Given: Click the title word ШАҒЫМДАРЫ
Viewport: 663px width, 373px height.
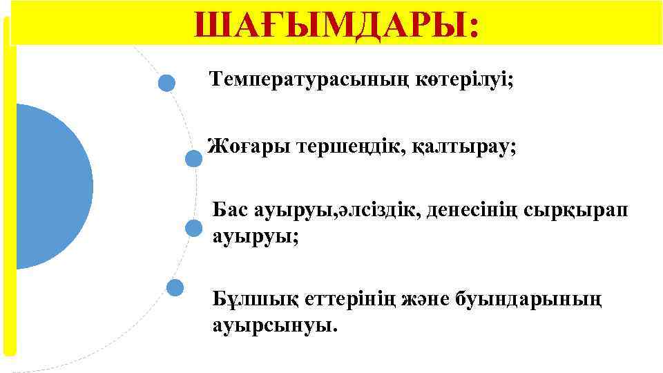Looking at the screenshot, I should click(336, 26).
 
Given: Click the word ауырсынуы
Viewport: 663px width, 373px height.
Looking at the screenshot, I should click(275, 325).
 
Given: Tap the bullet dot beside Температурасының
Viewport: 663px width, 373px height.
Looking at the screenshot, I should click(166, 84).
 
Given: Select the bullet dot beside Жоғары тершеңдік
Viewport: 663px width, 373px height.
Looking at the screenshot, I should click(193, 159).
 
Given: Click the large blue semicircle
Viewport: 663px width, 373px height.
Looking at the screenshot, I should click(48, 186).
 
